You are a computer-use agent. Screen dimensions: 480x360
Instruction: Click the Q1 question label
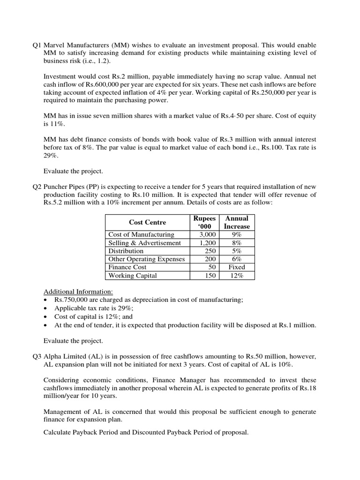(37, 45)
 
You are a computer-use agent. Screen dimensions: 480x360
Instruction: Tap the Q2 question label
(37, 186)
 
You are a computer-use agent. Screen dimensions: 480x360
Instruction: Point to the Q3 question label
(37, 356)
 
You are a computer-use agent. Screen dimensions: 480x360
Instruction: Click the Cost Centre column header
(147, 222)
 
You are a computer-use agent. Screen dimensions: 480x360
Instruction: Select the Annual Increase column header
(237, 222)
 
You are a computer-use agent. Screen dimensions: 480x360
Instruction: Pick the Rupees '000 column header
(204, 222)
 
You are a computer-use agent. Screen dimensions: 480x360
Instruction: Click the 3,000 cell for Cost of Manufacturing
(207, 234)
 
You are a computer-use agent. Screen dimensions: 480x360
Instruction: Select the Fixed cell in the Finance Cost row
(237, 267)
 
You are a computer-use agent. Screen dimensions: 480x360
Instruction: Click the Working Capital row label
(132, 276)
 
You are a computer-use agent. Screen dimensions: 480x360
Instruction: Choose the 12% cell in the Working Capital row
(237, 276)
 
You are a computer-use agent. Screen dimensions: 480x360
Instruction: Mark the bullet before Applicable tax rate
(45, 308)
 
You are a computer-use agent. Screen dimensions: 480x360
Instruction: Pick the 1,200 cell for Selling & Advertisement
(207, 243)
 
